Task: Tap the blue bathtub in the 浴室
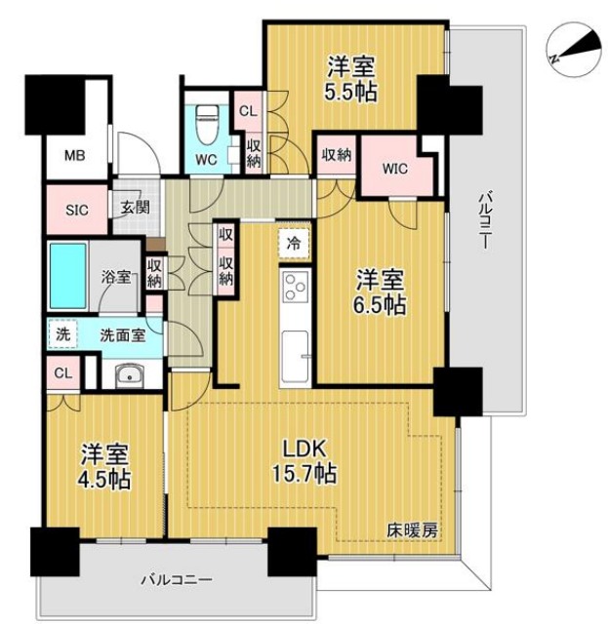click(x=68, y=276)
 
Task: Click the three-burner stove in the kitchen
click(x=296, y=286)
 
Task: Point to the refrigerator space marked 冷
click(x=294, y=244)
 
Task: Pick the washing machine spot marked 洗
click(x=62, y=334)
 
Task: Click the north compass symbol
click(x=574, y=51)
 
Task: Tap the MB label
click(x=75, y=156)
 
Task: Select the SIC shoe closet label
click(x=76, y=210)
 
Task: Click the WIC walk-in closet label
click(x=395, y=169)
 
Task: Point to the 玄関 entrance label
click(x=136, y=207)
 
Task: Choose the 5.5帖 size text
click(x=350, y=93)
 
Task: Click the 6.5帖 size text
click(x=380, y=305)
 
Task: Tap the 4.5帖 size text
click(x=104, y=480)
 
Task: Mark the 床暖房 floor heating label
click(x=413, y=530)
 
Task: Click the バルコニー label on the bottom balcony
click(x=176, y=580)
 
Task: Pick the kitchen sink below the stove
click(x=296, y=355)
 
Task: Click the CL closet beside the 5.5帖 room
click(x=248, y=111)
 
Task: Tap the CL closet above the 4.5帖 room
click(x=63, y=373)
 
